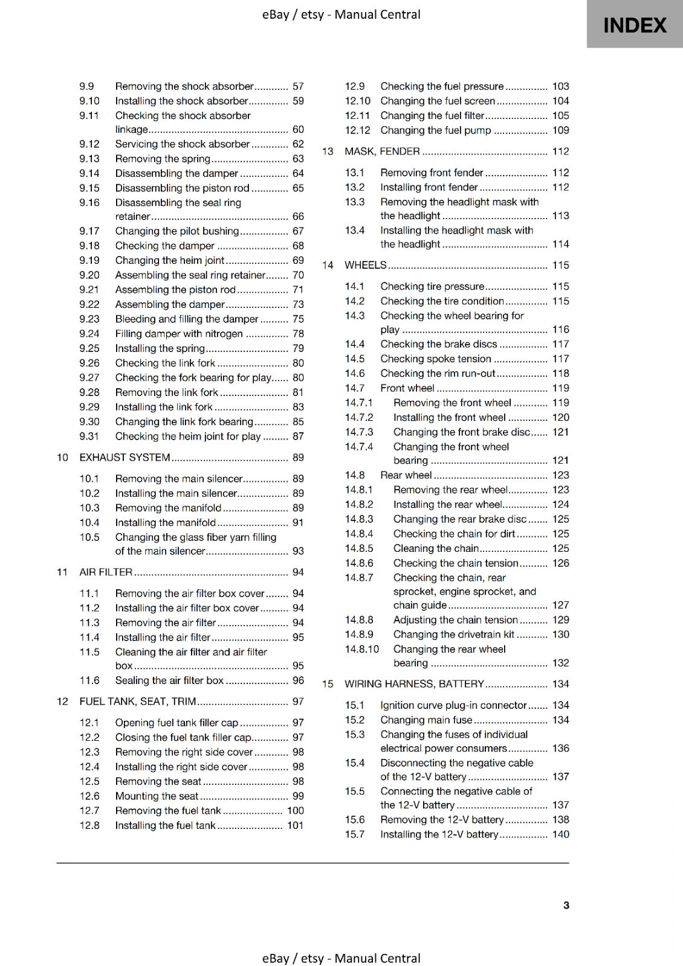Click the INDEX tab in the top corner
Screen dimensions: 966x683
[x=635, y=25]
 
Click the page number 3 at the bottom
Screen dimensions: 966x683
[x=566, y=905]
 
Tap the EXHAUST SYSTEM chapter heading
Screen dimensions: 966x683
[x=125, y=458]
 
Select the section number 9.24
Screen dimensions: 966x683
[x=89, y=334]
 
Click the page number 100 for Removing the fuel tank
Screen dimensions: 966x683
[x=296, y=811]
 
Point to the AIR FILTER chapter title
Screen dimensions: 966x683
[x=106, y=572]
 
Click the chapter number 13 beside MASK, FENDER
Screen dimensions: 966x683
[x=328, y=152]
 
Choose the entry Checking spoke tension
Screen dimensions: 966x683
[x=436, y=359]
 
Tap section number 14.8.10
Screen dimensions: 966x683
[x=362, y=650]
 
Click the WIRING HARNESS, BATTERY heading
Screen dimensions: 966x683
[x=415, y=684]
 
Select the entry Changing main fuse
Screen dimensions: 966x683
[x=426, y=720]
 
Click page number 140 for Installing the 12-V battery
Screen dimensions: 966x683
[x=560, y=834]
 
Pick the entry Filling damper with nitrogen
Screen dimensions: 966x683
[x=179, y=334]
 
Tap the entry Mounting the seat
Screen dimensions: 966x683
[x=157, y=796]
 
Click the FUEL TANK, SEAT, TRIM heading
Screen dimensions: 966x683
[x=138, y=702]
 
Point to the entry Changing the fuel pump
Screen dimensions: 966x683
[x=435, y=130]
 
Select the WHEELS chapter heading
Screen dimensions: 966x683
[x=365, y=265]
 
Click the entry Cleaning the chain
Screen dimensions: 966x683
[x=436, y=549]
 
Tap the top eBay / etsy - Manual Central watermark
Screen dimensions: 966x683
[x=341, y=14]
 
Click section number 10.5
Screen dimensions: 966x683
[x=89, y=537]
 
